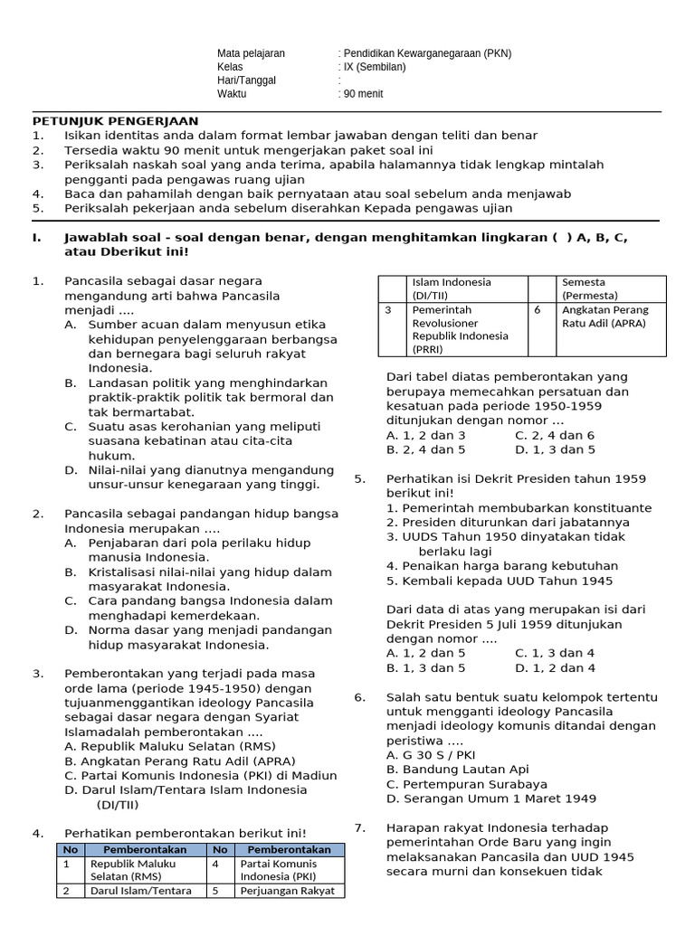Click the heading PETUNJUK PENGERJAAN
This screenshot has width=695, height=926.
click(x=116, y=121)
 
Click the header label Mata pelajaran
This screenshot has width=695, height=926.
click(x=251, y=53)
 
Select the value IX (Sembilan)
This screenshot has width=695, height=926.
click(x=375, y=67)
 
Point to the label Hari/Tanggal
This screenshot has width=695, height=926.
click(x=246, y=80)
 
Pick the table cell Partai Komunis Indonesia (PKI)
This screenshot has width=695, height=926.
click(x=279, y=869)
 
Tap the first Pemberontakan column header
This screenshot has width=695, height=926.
click(x=145, y=849)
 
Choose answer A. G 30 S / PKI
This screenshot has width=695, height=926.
click(x=430, y=755)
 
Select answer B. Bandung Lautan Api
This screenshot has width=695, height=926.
click(x=457, y=770)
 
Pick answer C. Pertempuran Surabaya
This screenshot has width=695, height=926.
click(x=466, y=784)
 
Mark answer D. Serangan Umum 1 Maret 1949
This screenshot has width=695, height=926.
click(x=490, y=798)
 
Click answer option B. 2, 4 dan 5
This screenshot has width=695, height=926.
click(x=425, y=449)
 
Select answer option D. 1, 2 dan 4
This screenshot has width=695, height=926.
click(x=555, y=667)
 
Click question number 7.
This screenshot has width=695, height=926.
click(x=359, y=827)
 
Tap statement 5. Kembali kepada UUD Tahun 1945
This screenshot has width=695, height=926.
click(x=499, y=581)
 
